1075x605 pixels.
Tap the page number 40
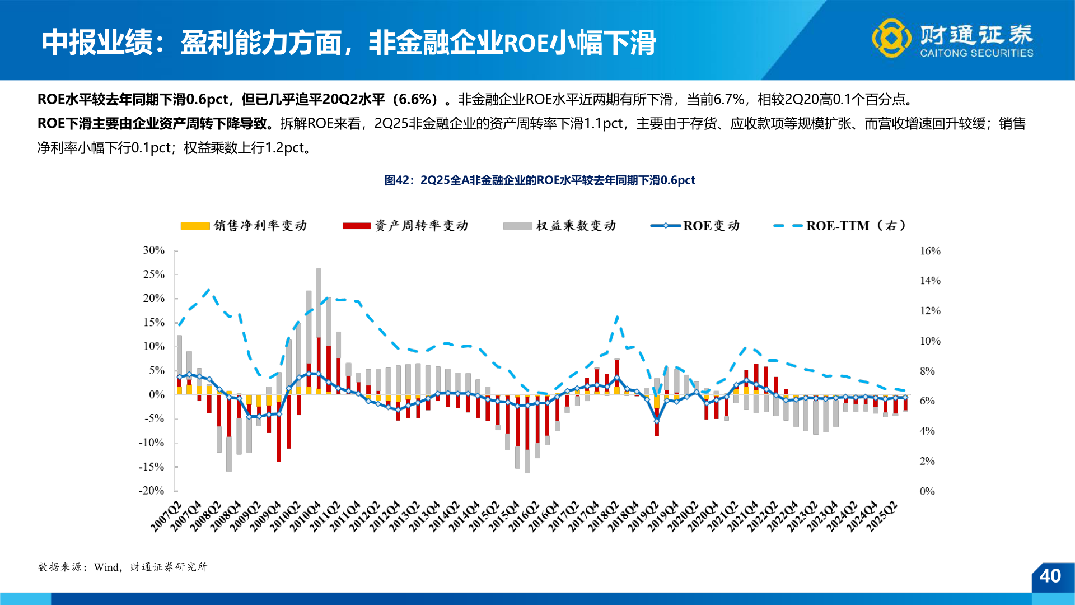tap(1050, 576)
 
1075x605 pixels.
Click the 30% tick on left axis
tap(153, 250)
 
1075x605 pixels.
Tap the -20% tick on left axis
tap(152, 491)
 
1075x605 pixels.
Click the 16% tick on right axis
tap(930, 251)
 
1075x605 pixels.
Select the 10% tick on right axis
tap(930, 341)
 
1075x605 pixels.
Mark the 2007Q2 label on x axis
tap(166, 516)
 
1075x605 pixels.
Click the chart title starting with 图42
tap(540, 180)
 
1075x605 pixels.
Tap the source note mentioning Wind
tap(123, 567)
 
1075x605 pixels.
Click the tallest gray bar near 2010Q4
tap(319, 302)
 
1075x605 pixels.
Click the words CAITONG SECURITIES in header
tap(976, 53)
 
